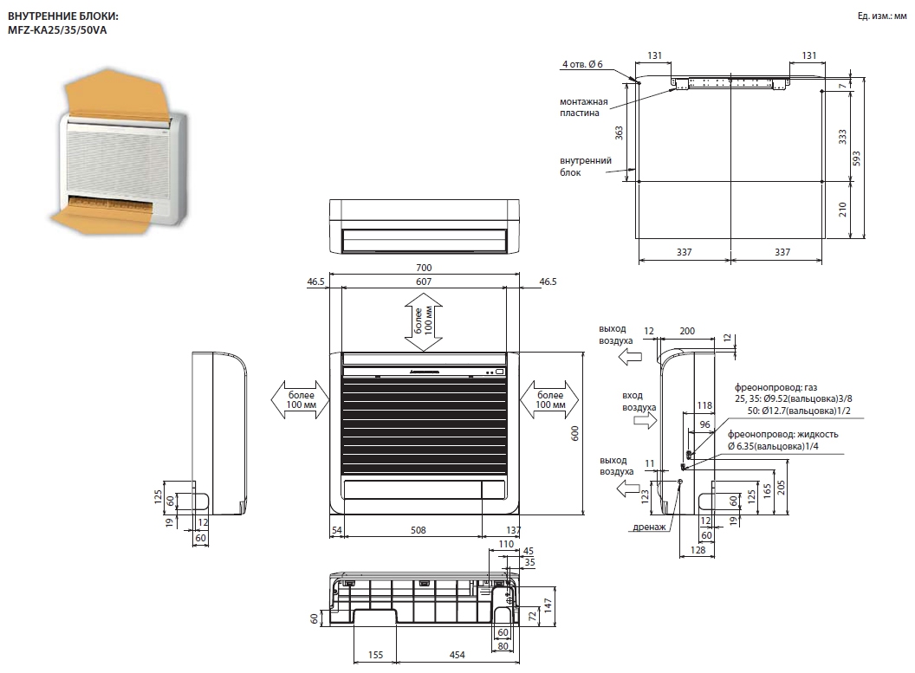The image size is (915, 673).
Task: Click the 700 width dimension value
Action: (424, 268)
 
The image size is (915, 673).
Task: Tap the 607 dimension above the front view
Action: (424, 281)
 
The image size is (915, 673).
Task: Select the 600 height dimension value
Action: (574, 433)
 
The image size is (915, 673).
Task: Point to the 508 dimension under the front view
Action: (418, 530)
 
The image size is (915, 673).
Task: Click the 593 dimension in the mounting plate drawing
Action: (856, 159)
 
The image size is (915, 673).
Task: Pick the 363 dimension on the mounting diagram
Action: (619, 133)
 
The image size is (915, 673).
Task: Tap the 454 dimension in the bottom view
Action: (457, 655)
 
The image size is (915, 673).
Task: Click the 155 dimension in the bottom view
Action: (375, 655)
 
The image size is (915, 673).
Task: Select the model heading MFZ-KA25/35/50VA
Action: (57, 29)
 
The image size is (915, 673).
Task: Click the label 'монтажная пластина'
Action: (583, 107)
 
